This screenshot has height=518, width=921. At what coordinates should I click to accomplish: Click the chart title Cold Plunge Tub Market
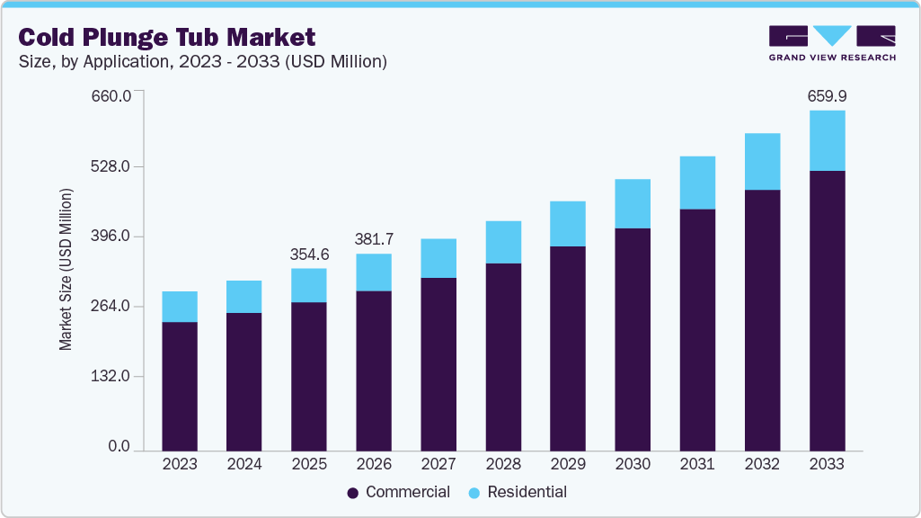pos(167,37)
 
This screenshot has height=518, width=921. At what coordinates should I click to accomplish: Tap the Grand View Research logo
pos(832,43)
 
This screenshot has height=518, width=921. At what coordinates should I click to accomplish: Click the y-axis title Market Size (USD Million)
pos(66,270)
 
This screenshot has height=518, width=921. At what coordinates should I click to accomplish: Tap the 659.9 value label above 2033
pos(827,95)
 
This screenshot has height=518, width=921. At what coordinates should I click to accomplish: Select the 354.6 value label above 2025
pos(309,255)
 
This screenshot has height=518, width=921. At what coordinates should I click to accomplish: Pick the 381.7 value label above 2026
pos(374,239)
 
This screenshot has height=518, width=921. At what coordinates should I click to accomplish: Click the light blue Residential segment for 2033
pos(827,140)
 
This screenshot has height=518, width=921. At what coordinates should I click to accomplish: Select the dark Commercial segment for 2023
pos(180,386)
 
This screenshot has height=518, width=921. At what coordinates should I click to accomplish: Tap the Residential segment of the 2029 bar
pos(568,224)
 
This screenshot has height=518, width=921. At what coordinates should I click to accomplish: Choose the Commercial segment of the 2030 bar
pos(633,339)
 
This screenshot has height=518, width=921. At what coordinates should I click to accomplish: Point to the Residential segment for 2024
pos(244,297)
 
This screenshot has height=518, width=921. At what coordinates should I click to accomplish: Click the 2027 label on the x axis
pos(438,465)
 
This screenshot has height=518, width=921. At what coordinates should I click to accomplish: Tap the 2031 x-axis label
pos(697,465)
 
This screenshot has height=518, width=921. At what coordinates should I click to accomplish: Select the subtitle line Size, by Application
pos(203,62)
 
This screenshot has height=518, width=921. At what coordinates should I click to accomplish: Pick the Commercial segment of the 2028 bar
pos(503,356)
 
